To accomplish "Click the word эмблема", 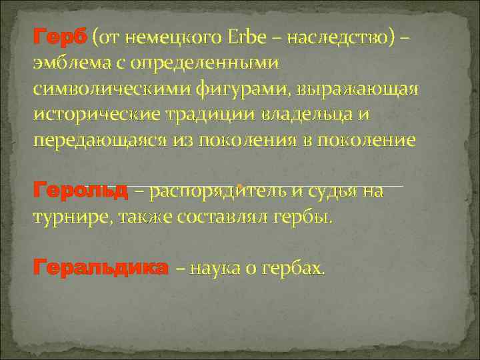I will pos(72,64).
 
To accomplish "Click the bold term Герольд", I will pos(81,191).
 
